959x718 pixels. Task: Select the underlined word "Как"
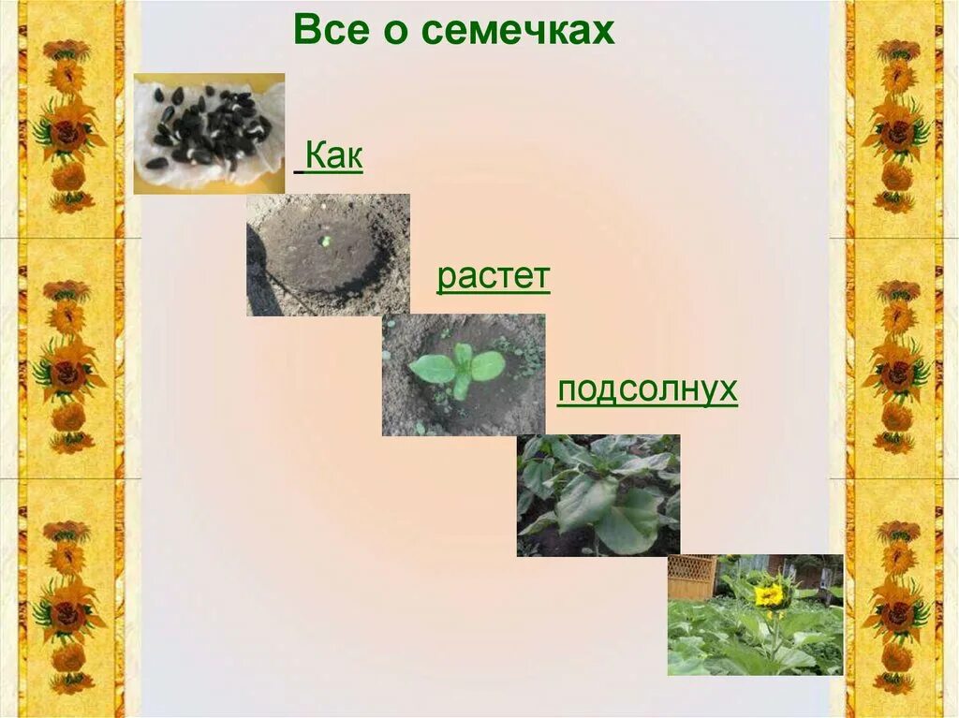coord(333,157)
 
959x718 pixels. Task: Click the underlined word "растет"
coord(494,278)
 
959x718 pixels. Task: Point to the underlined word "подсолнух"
coord(647,389)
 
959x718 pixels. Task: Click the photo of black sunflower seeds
coord(209,133)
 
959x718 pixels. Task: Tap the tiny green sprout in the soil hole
coord(326,241)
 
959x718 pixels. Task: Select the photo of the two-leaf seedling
coord(463,374)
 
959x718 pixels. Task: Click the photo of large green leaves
coord(598,495)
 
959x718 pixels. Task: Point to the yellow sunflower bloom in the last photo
coord(769,593)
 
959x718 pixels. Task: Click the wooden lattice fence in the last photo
coord(691,577)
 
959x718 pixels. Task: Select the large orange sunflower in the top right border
coord(895,131)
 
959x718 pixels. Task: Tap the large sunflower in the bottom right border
coord(895,613)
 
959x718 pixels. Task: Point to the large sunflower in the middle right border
coord(895,372)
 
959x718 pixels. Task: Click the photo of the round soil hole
coord(328,255)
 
